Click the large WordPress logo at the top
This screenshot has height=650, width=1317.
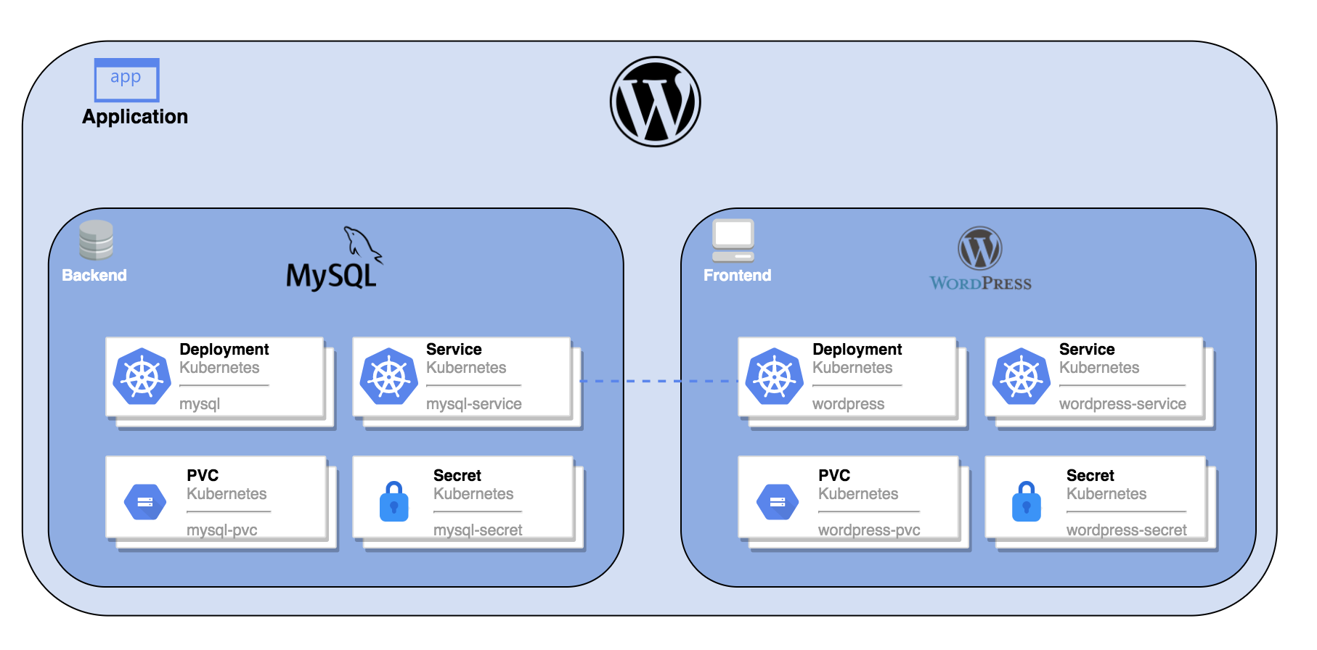tap(655, 102)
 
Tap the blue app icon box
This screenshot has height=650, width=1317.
tap(126, 80)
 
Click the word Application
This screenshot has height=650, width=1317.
tap(135, 117)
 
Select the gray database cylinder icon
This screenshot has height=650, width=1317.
tap(96, 240)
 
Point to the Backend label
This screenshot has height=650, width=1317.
tap(94, 276)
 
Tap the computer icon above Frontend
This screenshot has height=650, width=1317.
tap(733, 240)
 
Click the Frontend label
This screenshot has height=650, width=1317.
tap(737, 276)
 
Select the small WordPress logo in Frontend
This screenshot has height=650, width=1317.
tap(980, 249)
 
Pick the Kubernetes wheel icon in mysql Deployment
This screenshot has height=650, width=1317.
tap(142, 377)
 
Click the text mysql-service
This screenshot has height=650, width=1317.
tap(473, 404)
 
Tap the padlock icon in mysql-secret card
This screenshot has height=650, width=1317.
tap(394, 502)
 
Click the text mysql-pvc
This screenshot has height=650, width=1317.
tap(221, 530)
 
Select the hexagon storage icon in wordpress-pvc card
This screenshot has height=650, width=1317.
tap(778, 502)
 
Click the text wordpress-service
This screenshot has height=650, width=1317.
tap(1122, 404)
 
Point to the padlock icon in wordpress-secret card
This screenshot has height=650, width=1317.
tap(1026, 502)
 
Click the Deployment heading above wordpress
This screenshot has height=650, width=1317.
tap(857, 350)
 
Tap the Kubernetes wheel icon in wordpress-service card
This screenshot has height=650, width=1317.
tap(1021, 377)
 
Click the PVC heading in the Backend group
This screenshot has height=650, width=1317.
tap(203, 476)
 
